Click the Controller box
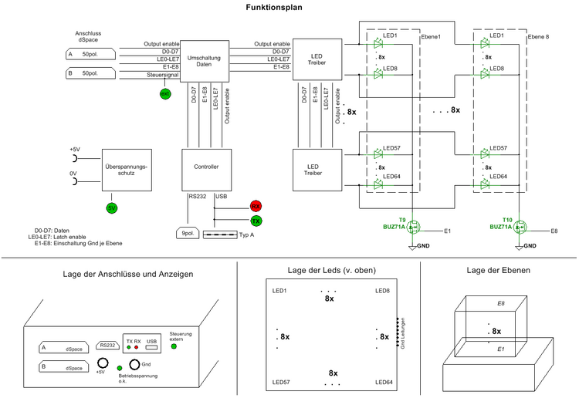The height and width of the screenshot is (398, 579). (206, 167)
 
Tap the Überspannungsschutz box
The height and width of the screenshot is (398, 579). (126, 170)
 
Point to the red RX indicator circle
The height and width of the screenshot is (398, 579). (256, 206)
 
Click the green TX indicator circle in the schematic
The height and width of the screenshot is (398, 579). (256, 221)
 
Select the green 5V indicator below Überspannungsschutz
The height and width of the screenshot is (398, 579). (111, 207)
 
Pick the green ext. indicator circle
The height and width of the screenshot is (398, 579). (164, 93)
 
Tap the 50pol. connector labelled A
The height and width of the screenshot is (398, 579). (90, 55)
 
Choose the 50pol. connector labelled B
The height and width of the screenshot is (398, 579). (90, 74)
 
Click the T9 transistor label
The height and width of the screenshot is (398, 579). (402, 219)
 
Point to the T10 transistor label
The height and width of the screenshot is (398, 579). (507, 219)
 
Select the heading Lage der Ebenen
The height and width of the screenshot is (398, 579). (499, 271)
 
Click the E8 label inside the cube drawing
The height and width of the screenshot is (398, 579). (501, 305)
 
